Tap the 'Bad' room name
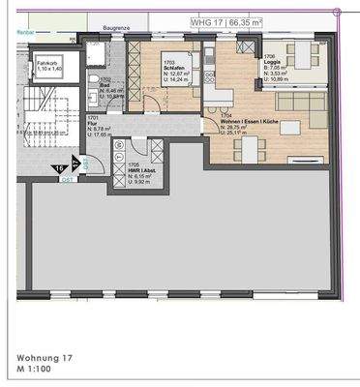tap(104, 85)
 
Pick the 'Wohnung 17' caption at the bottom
tap(38, 356)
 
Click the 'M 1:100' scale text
tap(32, 370)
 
